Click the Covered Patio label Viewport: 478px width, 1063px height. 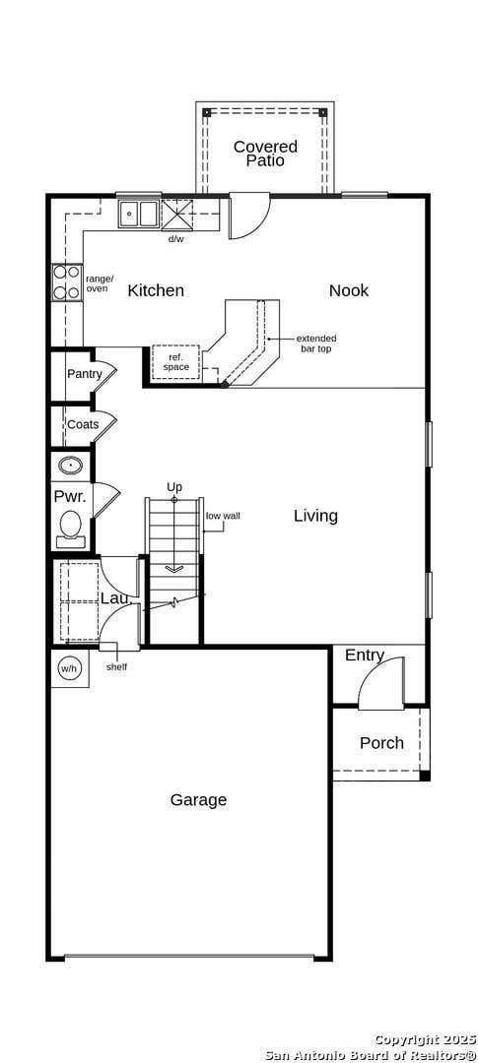[x=265, y=154]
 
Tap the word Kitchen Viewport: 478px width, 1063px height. [x=156, y=290]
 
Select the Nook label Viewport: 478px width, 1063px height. [x=349, y=290]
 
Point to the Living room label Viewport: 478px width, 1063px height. [x=315, y=516]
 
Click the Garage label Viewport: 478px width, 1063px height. [x=198, y=800]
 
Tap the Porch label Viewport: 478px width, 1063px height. [x=381, y=743]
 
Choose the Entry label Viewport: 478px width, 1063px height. [x=365, y=656]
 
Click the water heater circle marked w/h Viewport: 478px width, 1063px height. [x=70, y=669]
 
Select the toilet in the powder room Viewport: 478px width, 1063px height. [x=71, y=530]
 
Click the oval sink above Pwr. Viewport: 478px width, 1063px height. [x=71, y=466]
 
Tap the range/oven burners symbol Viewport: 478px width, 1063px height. [x=67, y=282]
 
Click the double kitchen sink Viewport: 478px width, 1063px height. [x=139, y=215]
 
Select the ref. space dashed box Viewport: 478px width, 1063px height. [x=175, y=362]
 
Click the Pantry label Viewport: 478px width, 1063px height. [x=84, y=374]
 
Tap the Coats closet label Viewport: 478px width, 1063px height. [x=83, y=425]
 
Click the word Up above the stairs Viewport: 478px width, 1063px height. [x=174, y=487]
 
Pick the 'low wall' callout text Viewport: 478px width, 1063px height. [x=223, y=516]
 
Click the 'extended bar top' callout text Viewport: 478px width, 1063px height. [x=316, y=344]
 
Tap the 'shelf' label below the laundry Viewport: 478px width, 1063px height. [x=116, y=666]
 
